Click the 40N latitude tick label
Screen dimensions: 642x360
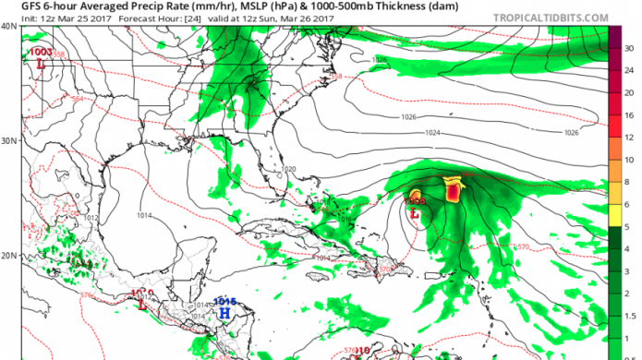8,27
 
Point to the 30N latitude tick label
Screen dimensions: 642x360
8,141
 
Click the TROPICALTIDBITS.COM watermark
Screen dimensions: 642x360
563,18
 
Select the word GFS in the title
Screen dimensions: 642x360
18,6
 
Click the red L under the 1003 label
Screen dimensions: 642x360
41,65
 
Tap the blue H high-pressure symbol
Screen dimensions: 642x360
224,313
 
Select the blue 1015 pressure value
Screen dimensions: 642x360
225,301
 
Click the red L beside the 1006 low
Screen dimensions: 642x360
415,213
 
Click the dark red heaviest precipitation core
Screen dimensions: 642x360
453,192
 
